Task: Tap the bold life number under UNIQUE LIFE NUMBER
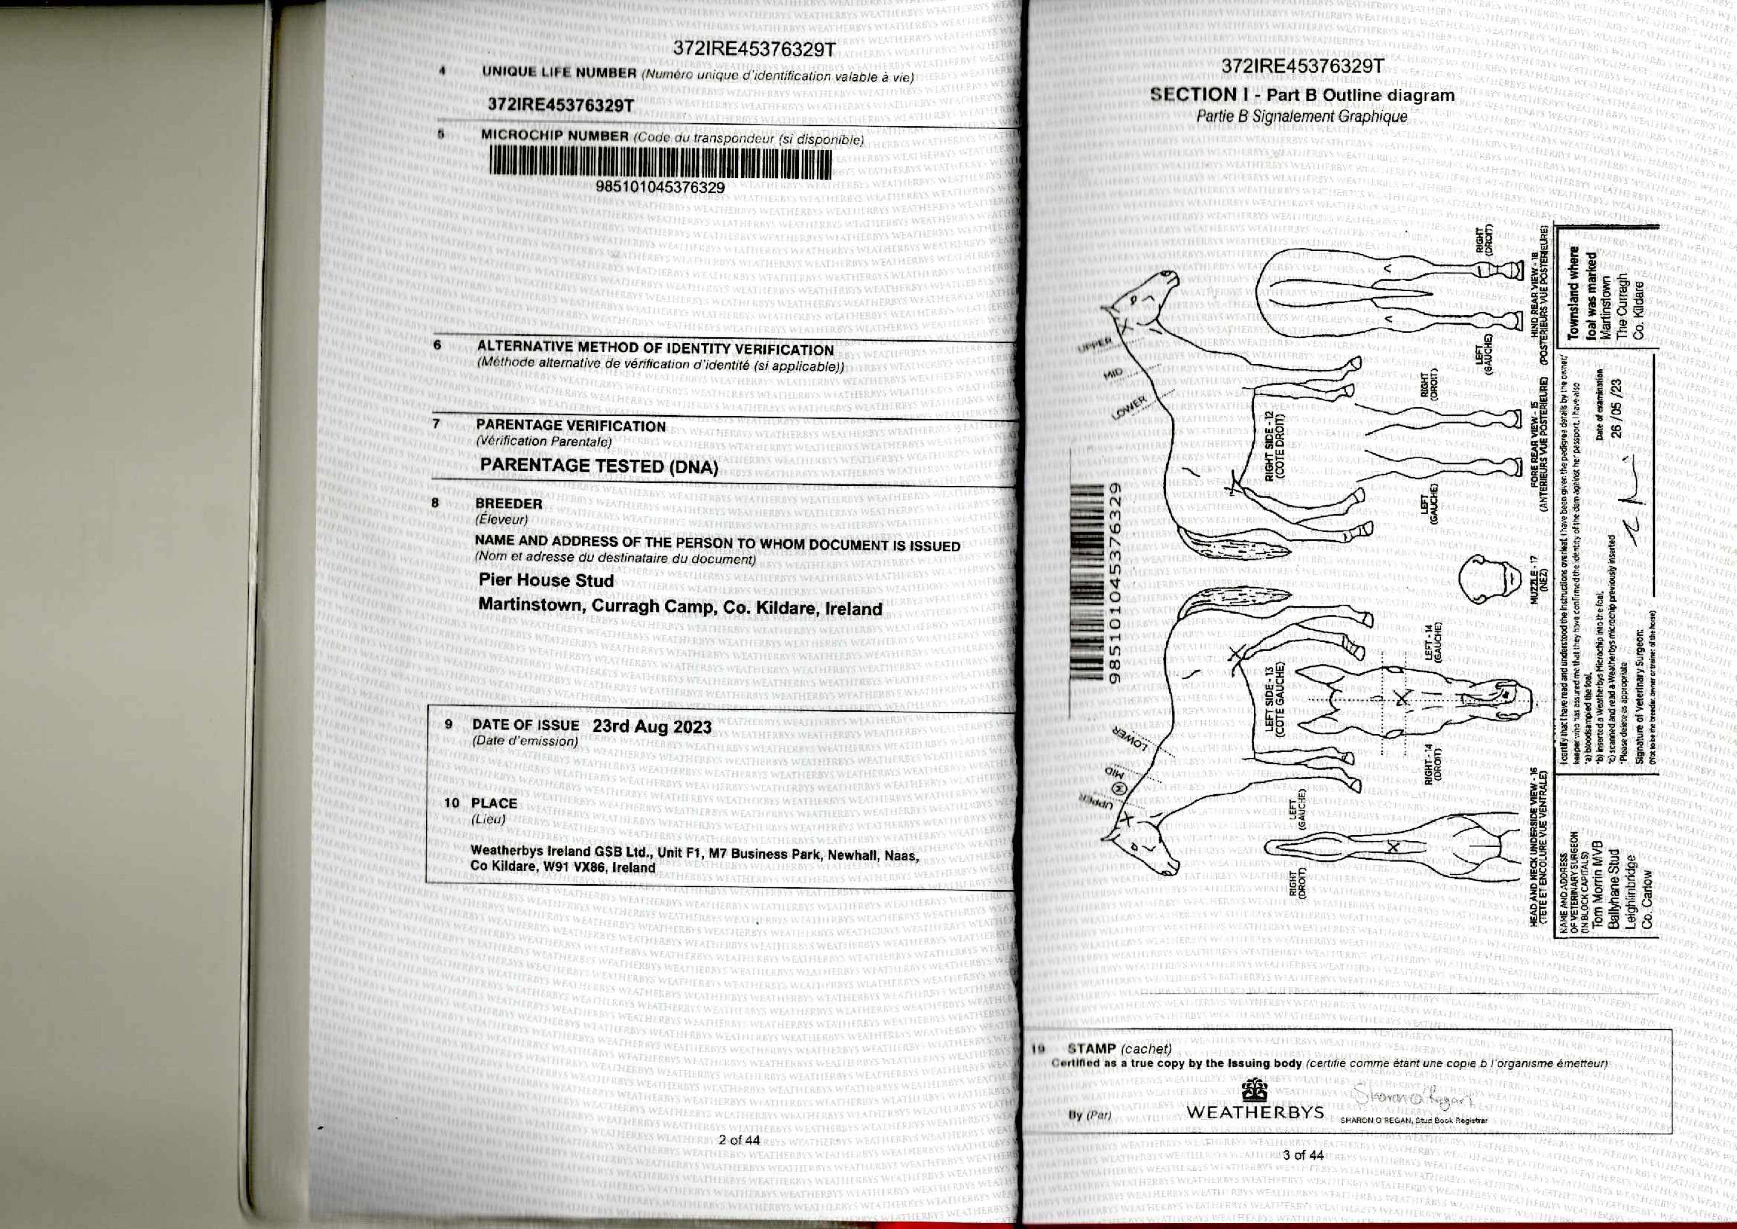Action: click(561, 105)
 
